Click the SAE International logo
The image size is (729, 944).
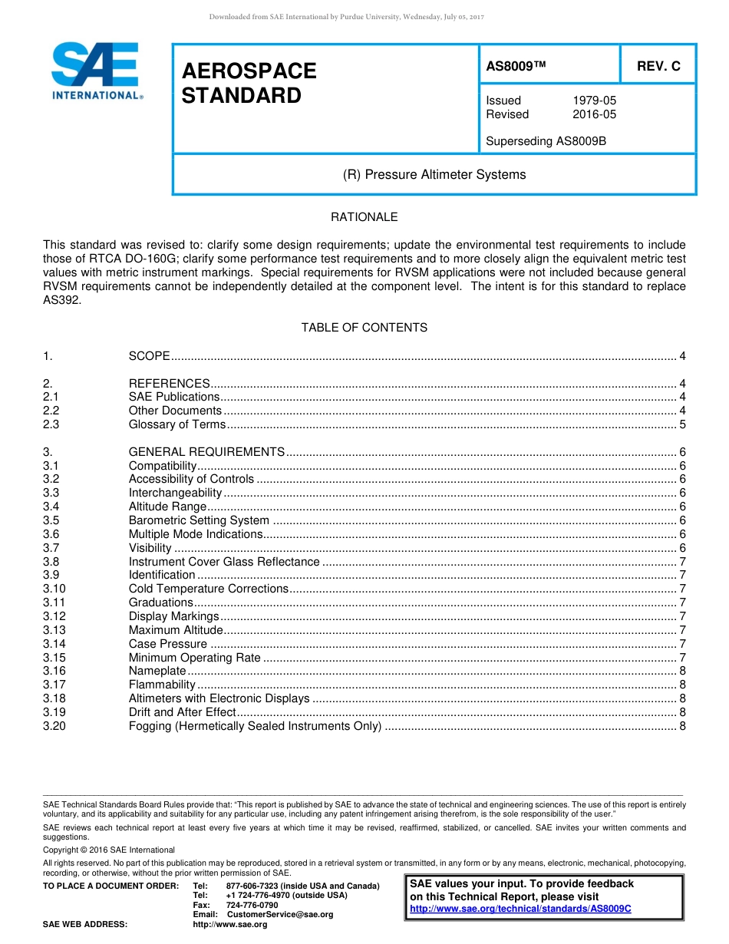pyautogui.click(x=95, y=71)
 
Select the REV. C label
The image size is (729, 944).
pyautogui.click(x=658, y=66)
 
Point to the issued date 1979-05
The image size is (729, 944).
pyautogui.click(x=594, y=101)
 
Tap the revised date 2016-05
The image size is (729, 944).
pyautogui.click(x=594, y=114)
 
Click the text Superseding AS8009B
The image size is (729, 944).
pyautogui.click(x=546, y=141)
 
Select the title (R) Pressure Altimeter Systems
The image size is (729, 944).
pyautogui.click(x=434, y=174)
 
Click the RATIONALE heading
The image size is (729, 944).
pyautogui.click(x=364, y=217)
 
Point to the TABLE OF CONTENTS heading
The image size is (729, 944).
pyautogui.click(x=364, y=328)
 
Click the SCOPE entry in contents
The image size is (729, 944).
pyautogui.click(x=149, y=355)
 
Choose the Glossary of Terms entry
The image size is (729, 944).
pyautogui.click(x=177, y=424)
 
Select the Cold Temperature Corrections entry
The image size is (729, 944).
pyautogui.click(x=209, y=589)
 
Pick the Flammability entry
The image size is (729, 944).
pyautogui.click(x=162, y=685)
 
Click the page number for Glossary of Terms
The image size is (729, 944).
pyautogui.click(x=682, y=424)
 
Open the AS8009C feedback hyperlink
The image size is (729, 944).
pyautogui.click(x=520, y=909)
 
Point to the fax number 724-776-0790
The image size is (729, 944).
pyautogui.click(x=252, y=905)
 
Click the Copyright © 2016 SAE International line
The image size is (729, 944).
pyautogui.click(x=109, y=850)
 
